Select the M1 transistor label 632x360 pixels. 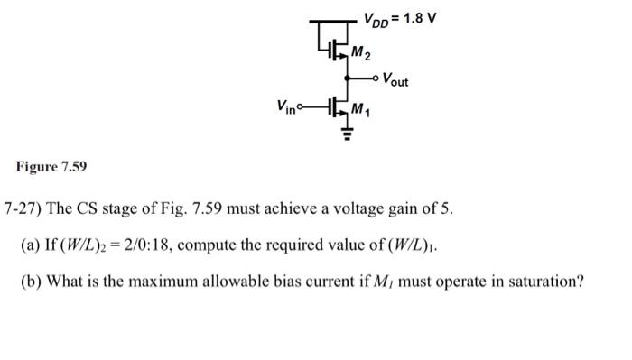(x=364, y=111)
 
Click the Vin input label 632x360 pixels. (x=288, y=106)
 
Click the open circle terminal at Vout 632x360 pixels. (x=374, y=78)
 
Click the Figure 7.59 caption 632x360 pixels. (x=51, y=167)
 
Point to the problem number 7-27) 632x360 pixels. (x=23, y=209)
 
